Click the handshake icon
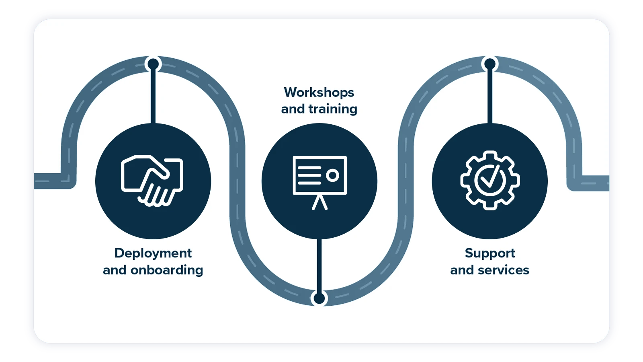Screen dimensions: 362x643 pyautogui.click(x=152, y=181)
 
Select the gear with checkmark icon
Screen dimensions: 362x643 pyautogui.click(x=490, y=181)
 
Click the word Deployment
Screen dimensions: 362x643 pyautogui.click(x=153, y=253)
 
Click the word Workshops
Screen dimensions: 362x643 pyautogui.click(x=319, y=93)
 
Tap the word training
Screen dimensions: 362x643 pyautogui.click(x=333, y=109)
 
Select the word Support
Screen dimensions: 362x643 pyautogui.click(x=490, y=253)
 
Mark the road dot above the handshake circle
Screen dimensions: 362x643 pyautogui.click(x=153, y=64)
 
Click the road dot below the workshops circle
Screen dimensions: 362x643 pyautogui.click(x=319, y=298)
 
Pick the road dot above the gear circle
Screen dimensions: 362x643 pyautogui.click(x=490, y=64)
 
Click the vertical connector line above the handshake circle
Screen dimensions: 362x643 pyautogui.click(x=153, y=97)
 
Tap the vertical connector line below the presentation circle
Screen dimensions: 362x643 pyautogui.click(x=319, y=265)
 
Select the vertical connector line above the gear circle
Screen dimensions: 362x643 pyautogui.click(x=490, y=97)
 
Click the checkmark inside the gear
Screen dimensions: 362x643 pyautogui.click(x=490, y=178)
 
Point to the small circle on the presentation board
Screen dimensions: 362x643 pyautogui.click(x=332, y=175)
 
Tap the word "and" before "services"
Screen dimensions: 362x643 pyautogui.click(x=462, y=270)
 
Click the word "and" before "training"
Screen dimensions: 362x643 pyautogui.click(x=293, y=109)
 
